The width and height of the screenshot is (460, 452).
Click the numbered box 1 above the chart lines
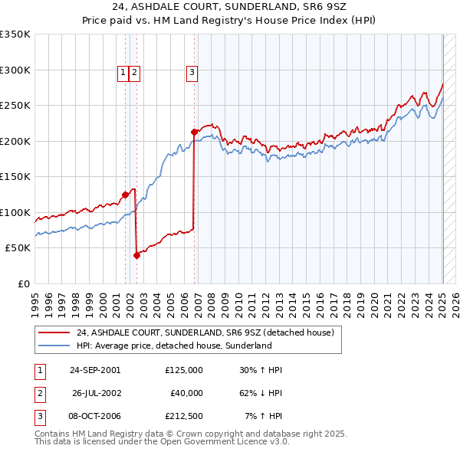[123, 73]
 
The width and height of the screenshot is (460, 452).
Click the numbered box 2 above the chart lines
[134, 73]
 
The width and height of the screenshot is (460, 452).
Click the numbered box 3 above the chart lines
[191, 73]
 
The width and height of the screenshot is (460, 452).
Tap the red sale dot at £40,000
[136, 256]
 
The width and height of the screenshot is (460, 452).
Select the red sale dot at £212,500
[194, 133]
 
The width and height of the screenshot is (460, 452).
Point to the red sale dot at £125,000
[125, 195]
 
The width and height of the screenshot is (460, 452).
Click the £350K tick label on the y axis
[15, 34]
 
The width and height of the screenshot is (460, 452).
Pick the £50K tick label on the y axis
[18, 248]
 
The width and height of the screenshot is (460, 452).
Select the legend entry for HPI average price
[174, 346]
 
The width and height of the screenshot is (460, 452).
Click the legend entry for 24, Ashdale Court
[205, 333]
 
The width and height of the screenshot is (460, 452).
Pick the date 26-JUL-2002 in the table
[96, 393]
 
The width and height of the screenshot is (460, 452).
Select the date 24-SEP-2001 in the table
[95, 370]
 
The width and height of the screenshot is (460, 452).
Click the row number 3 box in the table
[38, 416]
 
